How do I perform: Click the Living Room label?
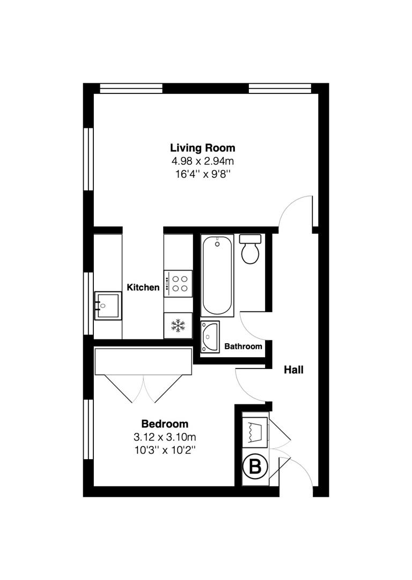202,148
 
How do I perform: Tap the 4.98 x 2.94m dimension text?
202,161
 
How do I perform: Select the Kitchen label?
143,287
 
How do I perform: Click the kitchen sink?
107,306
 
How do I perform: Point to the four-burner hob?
178,283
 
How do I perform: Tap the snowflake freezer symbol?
178,325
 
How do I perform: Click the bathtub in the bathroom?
217,275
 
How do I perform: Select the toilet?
250,249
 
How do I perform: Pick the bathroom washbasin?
210,337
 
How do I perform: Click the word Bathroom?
243,346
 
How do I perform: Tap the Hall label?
293,369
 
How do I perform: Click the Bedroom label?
165,424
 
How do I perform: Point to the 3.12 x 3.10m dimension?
165,436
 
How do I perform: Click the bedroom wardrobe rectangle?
143,361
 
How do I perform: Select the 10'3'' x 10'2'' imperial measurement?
165,449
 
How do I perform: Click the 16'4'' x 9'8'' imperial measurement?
202,173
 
